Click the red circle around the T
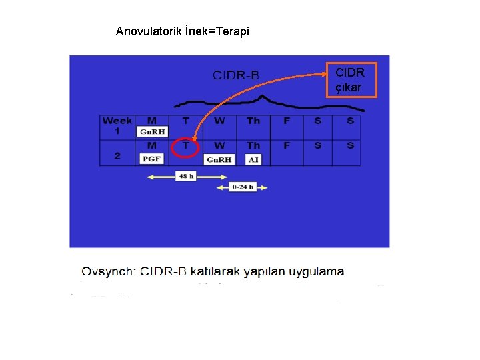pos(185,146)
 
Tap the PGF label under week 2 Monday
pos(152,159)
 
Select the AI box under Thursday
pos(253,159)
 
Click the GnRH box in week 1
pos(152,132)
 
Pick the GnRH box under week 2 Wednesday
pos(219,159)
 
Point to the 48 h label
pos(185,176)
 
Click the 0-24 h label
pos(242,187)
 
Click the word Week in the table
pos(117,121)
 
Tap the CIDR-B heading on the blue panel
pos(236,75)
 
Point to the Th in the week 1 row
pos(253,121)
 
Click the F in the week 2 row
pos(287,145)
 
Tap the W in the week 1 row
pos(219,121)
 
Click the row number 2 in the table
pos(117,156)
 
